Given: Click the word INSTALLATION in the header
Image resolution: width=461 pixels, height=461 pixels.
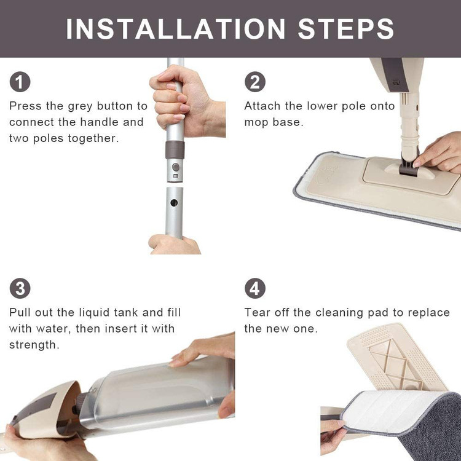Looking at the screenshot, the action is [x=176, y=29].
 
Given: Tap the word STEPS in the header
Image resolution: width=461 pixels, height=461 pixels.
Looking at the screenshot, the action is [x=345, y=29].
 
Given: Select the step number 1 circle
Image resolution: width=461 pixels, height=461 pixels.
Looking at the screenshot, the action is [x=20, y=82].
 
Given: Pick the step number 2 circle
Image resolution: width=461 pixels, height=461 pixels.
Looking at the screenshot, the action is [x=255, y=82].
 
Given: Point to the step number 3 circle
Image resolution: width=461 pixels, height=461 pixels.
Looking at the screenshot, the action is [x=20, y=288].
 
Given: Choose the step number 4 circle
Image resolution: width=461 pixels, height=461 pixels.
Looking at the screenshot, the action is [x=255, y=288].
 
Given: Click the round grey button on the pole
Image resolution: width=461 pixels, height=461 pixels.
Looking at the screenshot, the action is [x=176, y=167].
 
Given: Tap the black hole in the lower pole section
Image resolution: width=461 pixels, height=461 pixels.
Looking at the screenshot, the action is [x=174, y=203].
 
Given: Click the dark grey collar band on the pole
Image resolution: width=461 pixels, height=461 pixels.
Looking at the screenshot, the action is [x=175, y=150].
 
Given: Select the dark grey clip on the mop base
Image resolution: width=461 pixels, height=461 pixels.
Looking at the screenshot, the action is [x=409, y=165].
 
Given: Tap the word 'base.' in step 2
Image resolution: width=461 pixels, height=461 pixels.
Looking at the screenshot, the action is [x=288, y=122].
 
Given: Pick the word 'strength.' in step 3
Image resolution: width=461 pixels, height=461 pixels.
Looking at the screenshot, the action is [x=34, y=345].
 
